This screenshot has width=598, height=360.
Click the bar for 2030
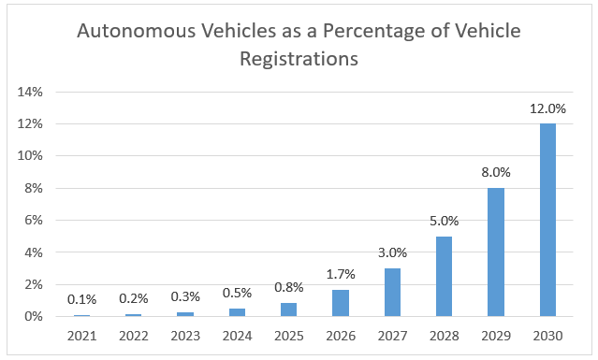(x=547, y=220)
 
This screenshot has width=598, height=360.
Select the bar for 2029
(x=495, y=252)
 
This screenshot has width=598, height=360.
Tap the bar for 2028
(x=444, y=276)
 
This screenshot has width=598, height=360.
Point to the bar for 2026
(x=341, y=303)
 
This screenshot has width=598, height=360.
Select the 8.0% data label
(x=495, y=171)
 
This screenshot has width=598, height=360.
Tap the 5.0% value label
(x=444, y=220)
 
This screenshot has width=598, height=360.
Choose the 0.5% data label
(x=238, y=293)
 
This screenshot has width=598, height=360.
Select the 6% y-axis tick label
(x=34, y=220)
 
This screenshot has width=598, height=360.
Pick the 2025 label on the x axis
(x=289, y=334)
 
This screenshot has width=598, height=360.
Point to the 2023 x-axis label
(x=186, y=334)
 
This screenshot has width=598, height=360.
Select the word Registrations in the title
(x=299, y=59)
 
